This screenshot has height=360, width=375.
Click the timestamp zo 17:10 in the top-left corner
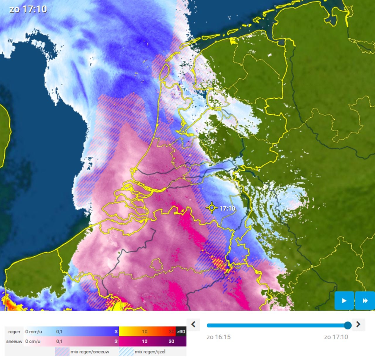(28, 9)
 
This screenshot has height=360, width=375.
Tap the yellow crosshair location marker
(211, 208)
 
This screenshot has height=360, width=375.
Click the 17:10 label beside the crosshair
(227, 208)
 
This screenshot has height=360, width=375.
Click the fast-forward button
(365, 301)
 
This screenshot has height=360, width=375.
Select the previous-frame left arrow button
(193, 324)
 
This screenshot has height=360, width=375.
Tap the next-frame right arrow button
(358, 324)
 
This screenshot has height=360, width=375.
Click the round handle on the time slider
(347, 325)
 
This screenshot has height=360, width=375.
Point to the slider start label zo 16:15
(219, 337)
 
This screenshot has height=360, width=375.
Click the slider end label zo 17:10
(336, 337)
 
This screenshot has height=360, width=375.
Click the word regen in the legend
(14, 332)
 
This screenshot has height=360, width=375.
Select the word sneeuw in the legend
(14, 341)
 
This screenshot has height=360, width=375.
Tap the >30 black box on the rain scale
(181, 332)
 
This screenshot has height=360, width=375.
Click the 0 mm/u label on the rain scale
(33, 332)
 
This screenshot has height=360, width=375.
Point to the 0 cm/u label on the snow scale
(33, 341)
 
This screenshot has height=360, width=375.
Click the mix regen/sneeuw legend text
(90, 352)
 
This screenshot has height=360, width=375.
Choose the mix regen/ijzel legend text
(150, 352)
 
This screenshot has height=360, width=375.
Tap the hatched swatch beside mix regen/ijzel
(126, 352)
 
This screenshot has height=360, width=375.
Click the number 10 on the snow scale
(145, 341)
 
